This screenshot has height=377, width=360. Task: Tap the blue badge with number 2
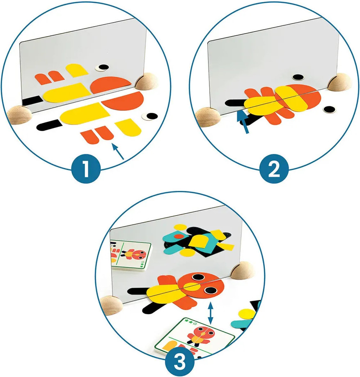pyautogui.click(x=273, y=169)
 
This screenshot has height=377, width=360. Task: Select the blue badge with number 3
pyautogui.click(x=180, y=361)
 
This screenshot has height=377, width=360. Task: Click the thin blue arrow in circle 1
pyautogui.click(x=117, y=152)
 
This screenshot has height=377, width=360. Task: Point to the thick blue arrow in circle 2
pyautogui.click(x=243, y=121)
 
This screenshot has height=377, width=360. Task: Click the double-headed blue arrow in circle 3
pyautogui.click(x=211, y=313)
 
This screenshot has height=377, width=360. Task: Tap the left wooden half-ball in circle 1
pyautogui.click(x=19, y=115)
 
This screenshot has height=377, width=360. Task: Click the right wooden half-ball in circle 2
pyautogui.click(x=339, y=82)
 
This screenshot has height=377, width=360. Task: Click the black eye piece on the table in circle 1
pyautogui.click(x=150, y=116)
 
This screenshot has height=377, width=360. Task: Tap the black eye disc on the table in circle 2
pyautogui.click(x=329, y=109)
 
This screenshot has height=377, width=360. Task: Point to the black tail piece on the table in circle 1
pyautogui.click(x=49, y=125)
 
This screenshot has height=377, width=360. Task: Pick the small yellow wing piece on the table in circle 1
pyautogui.click(x=128, y=127)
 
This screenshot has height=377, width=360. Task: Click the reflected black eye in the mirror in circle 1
pyautogui.click(x=102, y=68)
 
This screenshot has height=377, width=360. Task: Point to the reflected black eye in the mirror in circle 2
pyautogui.click(x=298, y=77)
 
